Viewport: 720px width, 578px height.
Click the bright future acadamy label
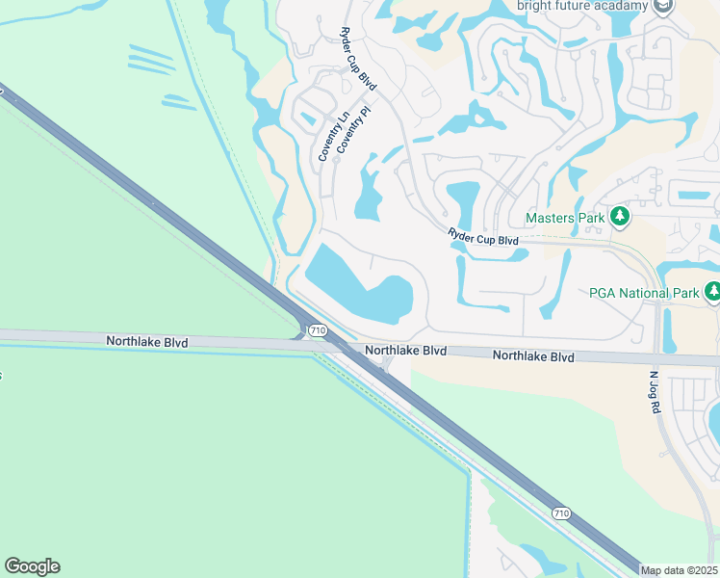pos(583,6)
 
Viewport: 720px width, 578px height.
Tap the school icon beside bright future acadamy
pos(662,7)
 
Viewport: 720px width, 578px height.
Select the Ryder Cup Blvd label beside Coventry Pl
pos(358,60)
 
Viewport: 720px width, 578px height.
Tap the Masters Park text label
pos(566,218)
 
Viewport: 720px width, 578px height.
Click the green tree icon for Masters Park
pos(621,218)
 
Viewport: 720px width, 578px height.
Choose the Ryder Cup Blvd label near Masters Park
pos(483,235)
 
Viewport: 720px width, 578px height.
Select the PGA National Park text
pos(641,292)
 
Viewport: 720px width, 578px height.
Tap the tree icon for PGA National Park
pos(712,291)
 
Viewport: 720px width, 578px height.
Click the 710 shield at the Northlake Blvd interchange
pos(316,330)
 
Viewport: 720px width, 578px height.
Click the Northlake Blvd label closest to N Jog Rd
pos(533,356)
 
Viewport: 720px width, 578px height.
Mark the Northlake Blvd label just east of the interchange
pos(405,351)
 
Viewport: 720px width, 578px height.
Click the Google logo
pos(32,566)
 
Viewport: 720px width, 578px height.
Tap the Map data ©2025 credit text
pos(680,570)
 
